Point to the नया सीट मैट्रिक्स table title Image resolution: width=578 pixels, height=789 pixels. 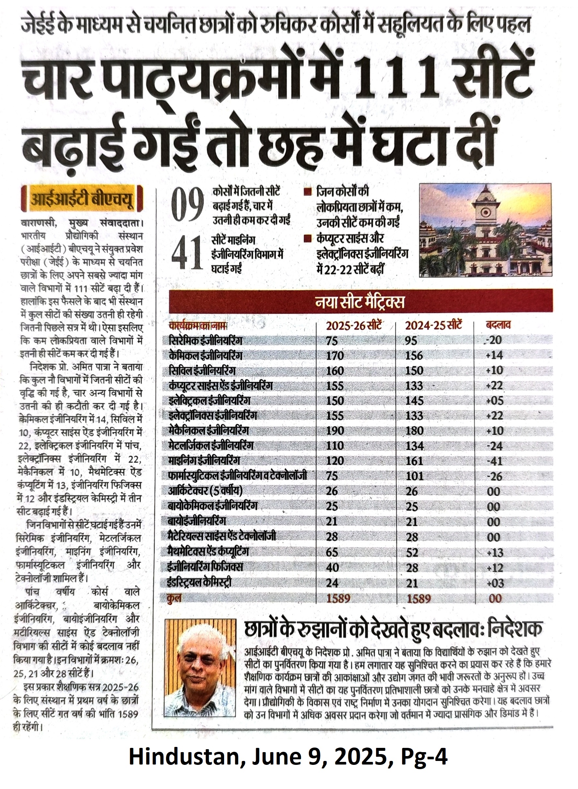tap(360, 302)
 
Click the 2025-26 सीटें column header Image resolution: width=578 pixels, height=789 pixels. tap(354, 326)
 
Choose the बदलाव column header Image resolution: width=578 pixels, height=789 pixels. tap(498, 325)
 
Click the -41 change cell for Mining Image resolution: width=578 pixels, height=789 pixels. tap(494, 461)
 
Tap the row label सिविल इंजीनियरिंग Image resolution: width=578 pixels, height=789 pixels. tap(202, 371)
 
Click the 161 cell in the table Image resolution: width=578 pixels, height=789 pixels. tap(414, 461)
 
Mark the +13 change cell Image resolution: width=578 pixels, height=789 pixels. tap(494, 553)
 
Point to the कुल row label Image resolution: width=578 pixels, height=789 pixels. tap(175, 598)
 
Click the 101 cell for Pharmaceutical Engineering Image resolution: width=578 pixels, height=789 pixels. tap(414, 476)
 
